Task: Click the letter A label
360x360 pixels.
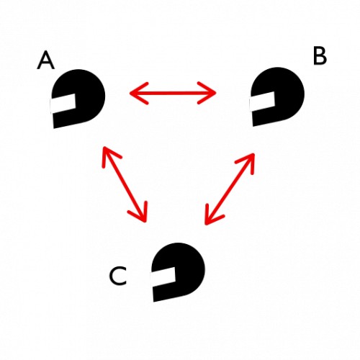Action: (x=45, y=61)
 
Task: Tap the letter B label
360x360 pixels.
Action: (x=320, y=56)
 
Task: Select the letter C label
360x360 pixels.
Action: (x=118, y=276)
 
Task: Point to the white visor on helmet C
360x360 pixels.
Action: (x=163, y=276)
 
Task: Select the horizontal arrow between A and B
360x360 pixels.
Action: (x=173, y=93)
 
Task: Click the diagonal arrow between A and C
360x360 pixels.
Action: (x=125, y=184)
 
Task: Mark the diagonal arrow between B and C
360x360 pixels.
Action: (x=230, y=189)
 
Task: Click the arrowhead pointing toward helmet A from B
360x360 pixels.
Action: (x=139, y=93)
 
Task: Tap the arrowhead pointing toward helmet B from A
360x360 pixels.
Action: (x=207, y=93)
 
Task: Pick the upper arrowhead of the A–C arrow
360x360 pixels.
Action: (x=110, y=156)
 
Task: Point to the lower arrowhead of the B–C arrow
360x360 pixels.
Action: (x=212, y=215)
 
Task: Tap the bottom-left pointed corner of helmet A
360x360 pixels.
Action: (x=54, y=128)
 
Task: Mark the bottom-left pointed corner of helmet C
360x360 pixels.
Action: (x=153, y=302)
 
